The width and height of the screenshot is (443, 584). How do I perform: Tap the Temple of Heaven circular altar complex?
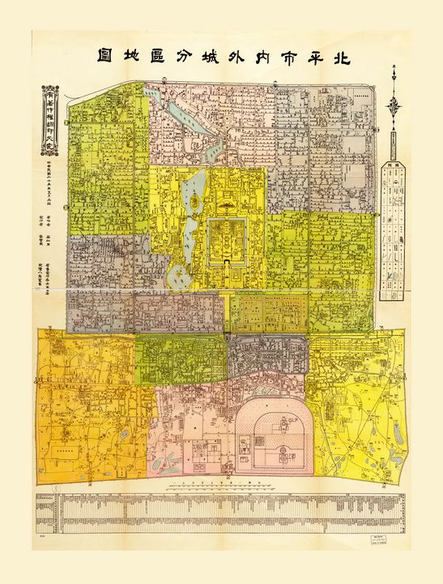[268, 434]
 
